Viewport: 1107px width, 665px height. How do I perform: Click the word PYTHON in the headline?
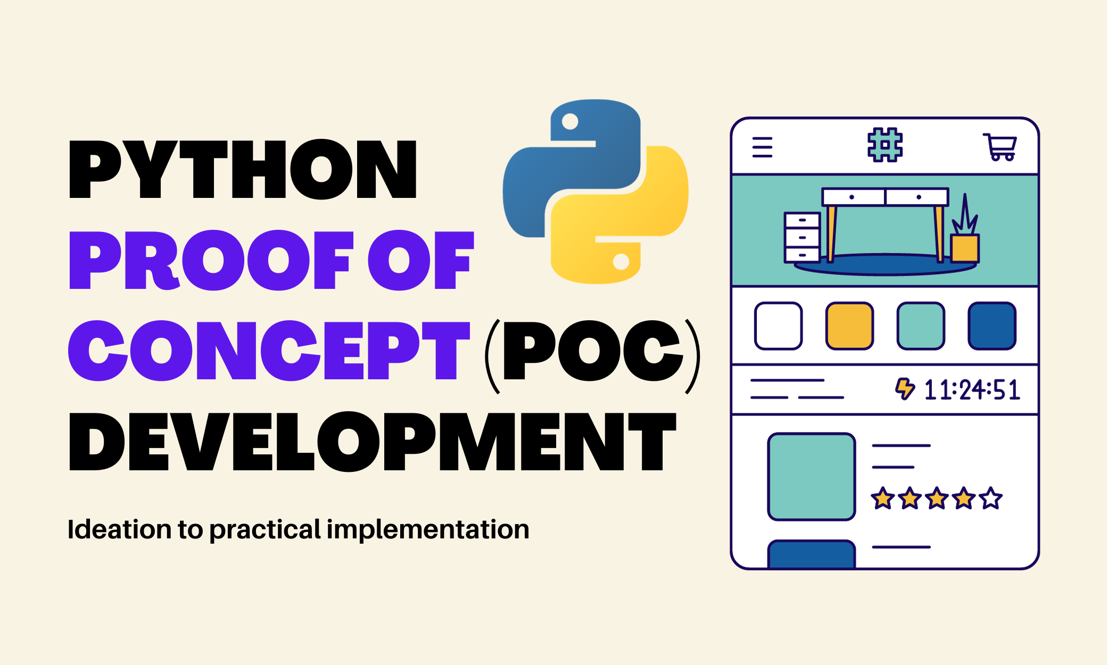pyautogui.click(x=243, y=169)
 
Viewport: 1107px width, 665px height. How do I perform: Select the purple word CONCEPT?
pyautogui.click(x=269, y=351)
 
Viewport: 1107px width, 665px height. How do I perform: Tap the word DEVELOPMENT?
pyautogui.click(x=372, y=442)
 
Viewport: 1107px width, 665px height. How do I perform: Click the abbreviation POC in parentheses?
pyautogui.click(x=592, y=351)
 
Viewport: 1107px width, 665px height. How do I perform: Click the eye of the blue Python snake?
pyautogui.click(x=570, y=122)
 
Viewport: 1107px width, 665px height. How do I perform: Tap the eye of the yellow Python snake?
pyautogui.click(x=621, y=261)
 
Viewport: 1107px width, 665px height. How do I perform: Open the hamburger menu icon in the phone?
pyautogui.click(x=762, y=147)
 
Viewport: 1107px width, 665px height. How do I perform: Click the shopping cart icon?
pyautogui.click(x=1000, y=147)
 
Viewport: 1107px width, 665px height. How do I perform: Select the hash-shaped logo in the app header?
pyautogui.click(x=885, y=145)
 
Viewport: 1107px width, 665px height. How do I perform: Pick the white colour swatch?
pyautogui.click(x=778, y=326)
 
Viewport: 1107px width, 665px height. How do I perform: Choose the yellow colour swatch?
pyautogui.click(x=849, y=326)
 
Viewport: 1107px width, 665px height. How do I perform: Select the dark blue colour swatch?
pyautogui.click(x=992, y=326)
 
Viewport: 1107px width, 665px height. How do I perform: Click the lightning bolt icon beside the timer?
pyautogui.click(x=905, y=389)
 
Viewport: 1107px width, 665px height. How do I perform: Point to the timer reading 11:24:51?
pyautogui.click(x=972, y=390)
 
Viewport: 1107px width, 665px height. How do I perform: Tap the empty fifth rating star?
pyautogui.click(x=991, y=499)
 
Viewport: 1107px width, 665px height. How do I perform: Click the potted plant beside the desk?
pyautogui.click(x=965, y=234)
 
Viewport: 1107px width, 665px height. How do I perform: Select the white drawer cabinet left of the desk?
pyautogui.click(x=802, y=237)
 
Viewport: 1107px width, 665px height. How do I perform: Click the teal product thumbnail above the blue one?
pyautogui.click(x=811, y=476)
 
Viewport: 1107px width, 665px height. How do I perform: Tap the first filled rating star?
pyautogui.click(x=883, y=499)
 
